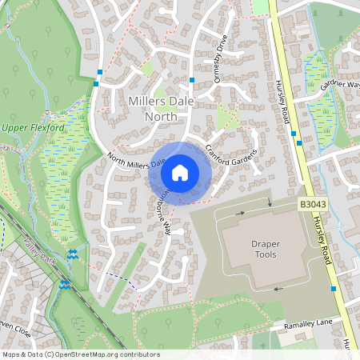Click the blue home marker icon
180,172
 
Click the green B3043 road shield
314,206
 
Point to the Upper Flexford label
31,128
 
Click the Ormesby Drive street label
221,58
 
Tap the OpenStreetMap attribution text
80,354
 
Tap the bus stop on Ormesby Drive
193,81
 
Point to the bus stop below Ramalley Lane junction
332,288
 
